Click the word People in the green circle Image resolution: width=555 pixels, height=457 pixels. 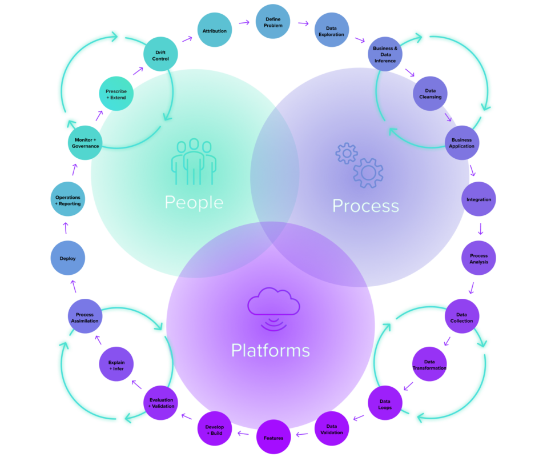coord(194,202)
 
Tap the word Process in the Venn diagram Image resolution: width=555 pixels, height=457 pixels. coord(365,205)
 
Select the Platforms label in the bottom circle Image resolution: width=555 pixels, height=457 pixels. coord(270,350)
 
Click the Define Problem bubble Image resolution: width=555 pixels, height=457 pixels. coord(273,23)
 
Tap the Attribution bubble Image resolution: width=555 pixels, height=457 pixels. coord(215,31)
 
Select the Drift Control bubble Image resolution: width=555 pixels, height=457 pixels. coord(160,56)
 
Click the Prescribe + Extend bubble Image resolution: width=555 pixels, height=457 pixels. coord(116,94)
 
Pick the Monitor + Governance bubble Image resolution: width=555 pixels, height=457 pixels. coord(86,143)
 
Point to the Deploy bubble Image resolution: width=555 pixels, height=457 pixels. coord(68,259)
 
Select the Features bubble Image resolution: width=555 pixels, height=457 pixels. coord(274,438)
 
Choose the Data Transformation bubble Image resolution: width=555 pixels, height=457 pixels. coord(429,365)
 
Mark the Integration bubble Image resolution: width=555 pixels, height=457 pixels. coord(478,200)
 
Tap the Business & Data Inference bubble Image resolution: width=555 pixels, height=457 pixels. coord(385,55)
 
